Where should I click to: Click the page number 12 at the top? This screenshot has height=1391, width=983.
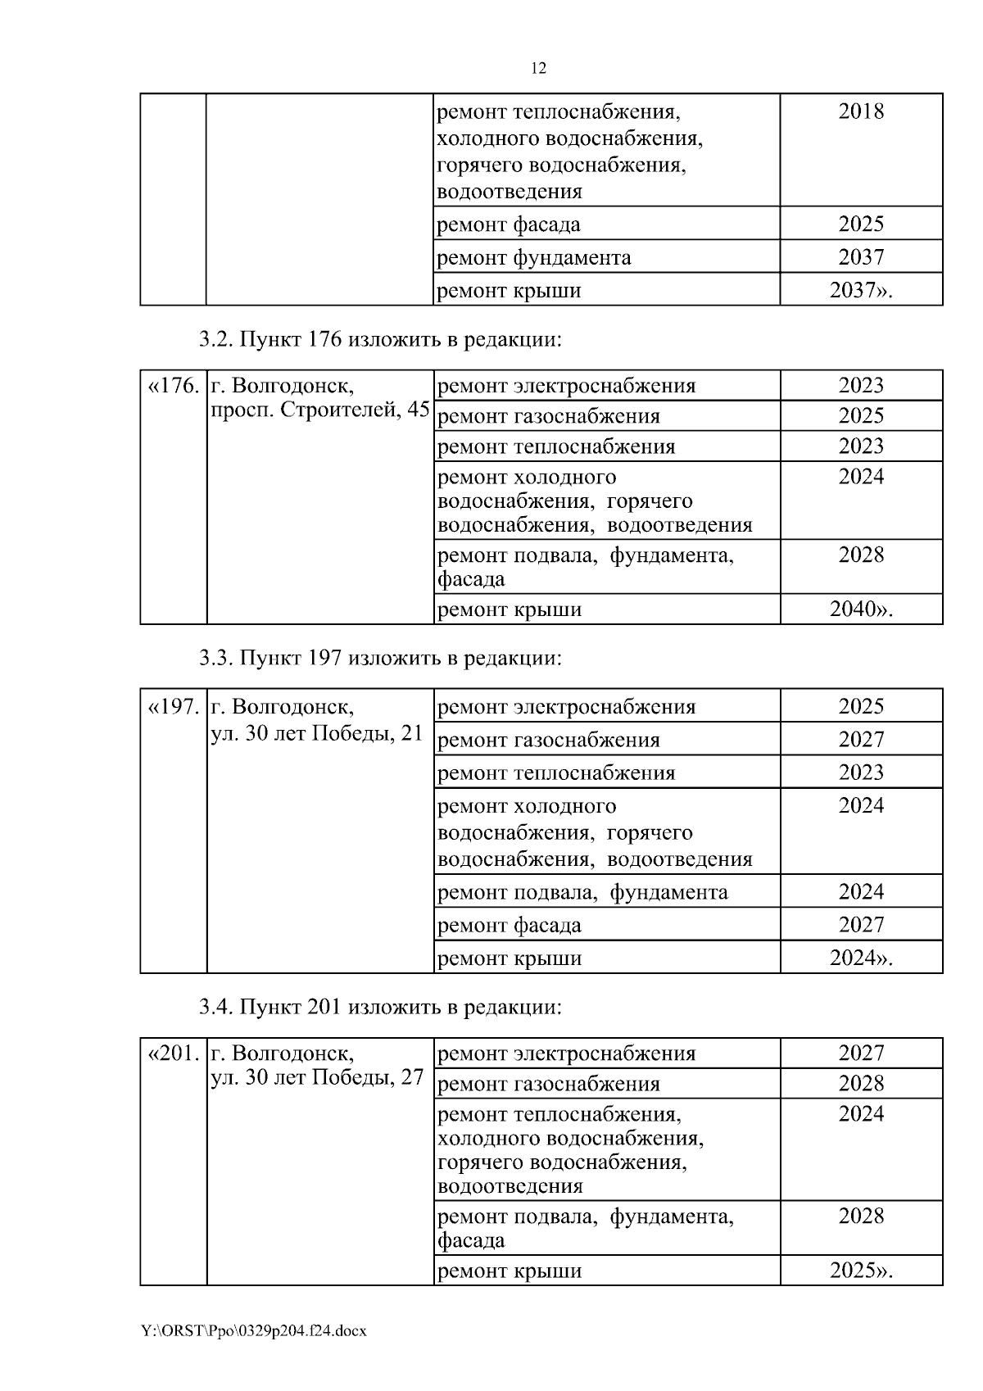pyautogui.click(x=538, y=69)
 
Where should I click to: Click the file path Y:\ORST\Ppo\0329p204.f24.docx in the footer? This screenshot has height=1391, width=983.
pyautogui.click(x=253, y=1331)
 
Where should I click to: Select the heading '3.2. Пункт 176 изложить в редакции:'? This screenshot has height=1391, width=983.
pyautogui.click(x=381, y=339)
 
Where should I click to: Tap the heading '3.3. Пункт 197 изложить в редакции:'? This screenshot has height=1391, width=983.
pyautogui.click(x=381, y=658)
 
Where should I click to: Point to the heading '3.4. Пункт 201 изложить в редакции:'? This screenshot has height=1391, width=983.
pyautogui.click(x=381, y=1007)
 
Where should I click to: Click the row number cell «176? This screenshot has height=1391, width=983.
pyautogui.click(x=173, y=386)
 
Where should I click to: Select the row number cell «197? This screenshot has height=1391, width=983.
pyautogui.click(x=173, y=706)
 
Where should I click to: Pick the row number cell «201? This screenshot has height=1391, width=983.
pyautogui.click(x=173, y=1053)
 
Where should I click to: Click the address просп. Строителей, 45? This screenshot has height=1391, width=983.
pyautogui.click(x=319, y=410)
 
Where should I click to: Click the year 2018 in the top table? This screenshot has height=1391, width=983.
pyautogui.click(x=861, y=111)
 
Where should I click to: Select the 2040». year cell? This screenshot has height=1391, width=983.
pyautogui.click(x=861, y=609)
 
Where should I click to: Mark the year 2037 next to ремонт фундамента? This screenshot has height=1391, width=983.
pyautogui.click(x=861, y=257)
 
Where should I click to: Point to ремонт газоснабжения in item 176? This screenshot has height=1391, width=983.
pyautogui.click(x=549, y=416)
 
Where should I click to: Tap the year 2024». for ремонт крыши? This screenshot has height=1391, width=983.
pyautogui.click(x=861, y=958)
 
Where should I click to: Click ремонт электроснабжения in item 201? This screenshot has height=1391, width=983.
pyautogui.click(x=566, y=1053)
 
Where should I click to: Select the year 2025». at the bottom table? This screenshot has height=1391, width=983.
pyautogui.click(x=861, y=1271)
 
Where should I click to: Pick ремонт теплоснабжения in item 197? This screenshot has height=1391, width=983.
pyautogui.click(x=556, y=773)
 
